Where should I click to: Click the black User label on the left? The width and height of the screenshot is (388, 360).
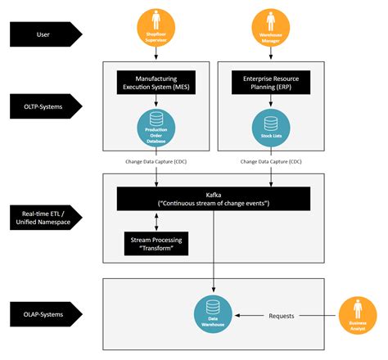[43, 34]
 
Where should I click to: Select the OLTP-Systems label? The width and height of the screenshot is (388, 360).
[43, 105]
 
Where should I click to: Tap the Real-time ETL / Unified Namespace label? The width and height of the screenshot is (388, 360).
[43, 218]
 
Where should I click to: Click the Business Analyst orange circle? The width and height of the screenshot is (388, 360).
[357, 313]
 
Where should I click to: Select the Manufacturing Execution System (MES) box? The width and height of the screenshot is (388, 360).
[156, 82]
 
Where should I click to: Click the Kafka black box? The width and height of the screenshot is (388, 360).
[214, 197]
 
